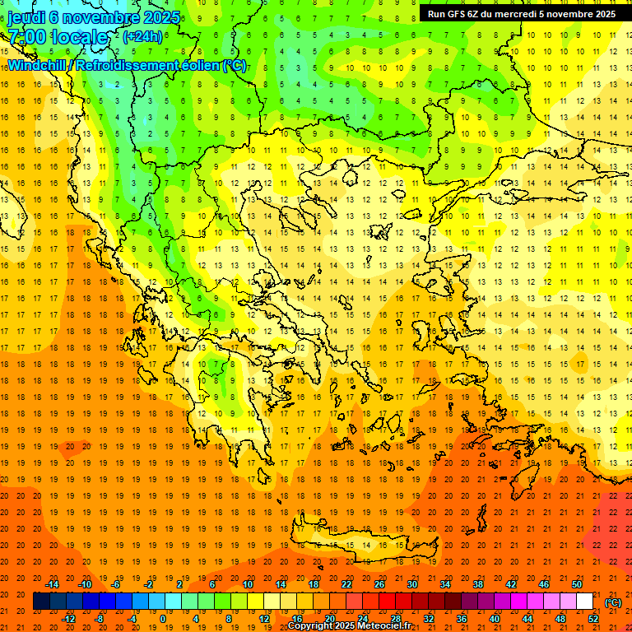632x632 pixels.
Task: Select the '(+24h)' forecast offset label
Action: (142, 36)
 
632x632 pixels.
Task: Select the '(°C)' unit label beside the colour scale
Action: (613, 602)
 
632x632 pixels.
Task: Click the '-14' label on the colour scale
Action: (54, 584)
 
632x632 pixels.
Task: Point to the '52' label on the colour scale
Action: (593, 619)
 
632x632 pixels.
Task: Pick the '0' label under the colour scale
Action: (163, 619)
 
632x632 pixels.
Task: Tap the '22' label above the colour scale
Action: (346, 584)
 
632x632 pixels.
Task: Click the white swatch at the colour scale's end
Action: (584, 602)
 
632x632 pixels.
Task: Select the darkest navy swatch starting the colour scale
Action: (40, 602)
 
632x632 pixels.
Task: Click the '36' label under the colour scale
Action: (462, 619)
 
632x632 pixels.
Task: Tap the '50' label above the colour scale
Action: (577, 584)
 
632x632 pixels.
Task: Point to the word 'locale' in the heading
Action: (79, 37)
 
